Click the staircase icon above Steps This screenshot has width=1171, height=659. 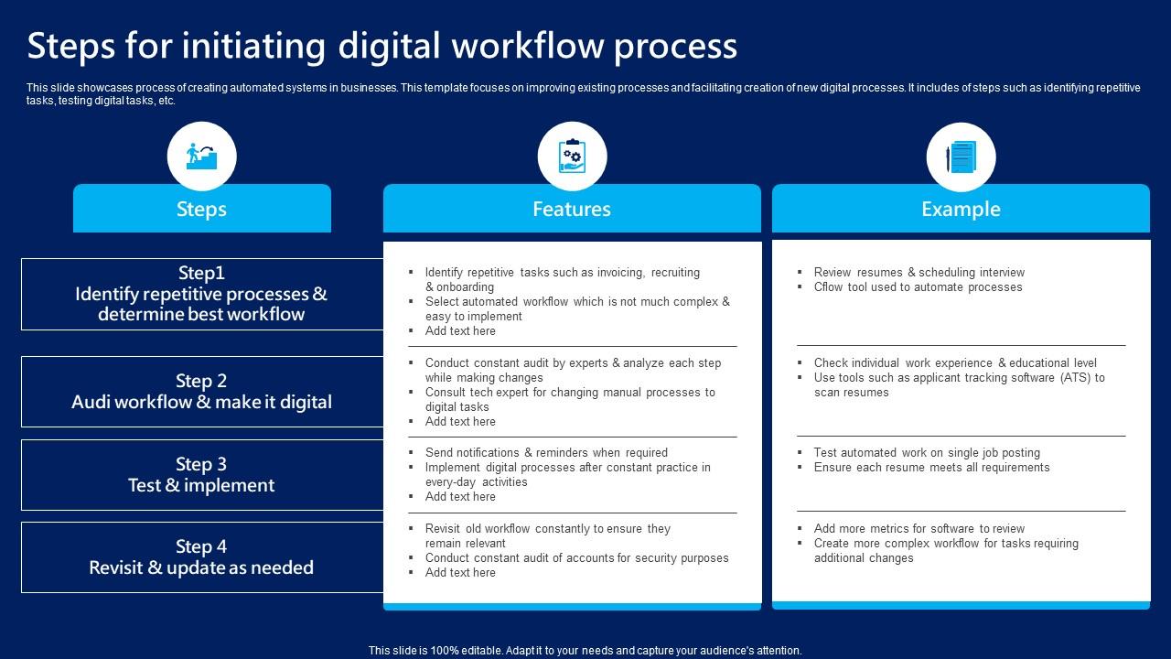click(x=201, y=157)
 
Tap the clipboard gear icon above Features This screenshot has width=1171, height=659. click(x=572, y=157)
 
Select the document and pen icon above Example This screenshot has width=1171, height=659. click(x=961, y=157)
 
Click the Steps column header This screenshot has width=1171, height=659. click(x=201, y=209)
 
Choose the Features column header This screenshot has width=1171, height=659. click(x=572, y=209)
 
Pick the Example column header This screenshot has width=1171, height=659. click(x=961, y=209)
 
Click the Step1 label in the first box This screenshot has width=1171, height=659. click(x=201, y=273)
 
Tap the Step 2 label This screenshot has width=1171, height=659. click(x=201, y=381)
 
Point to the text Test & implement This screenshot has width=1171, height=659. click(x=201, y=485)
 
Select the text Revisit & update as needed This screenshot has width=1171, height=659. click(x=201, y=567)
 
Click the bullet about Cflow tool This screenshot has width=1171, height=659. click(x=918, y=286)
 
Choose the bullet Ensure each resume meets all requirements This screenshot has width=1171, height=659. click(x=931, y=467)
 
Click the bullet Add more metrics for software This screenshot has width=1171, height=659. click(x=919, y=528)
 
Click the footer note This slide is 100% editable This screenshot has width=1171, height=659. click(x=585, y=651)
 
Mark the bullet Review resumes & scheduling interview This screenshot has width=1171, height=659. click(x=919, y=272)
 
